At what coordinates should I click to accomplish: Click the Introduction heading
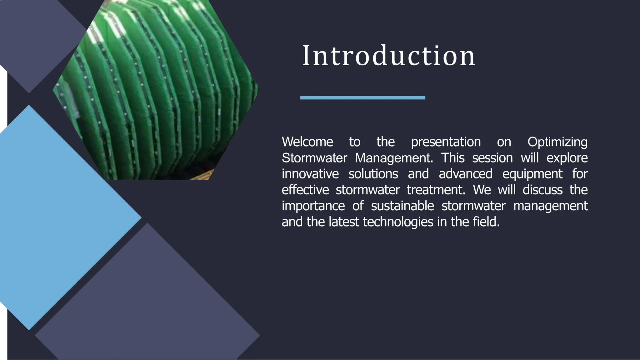tap(388, 56)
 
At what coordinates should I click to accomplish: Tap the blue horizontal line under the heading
tap(362, 98)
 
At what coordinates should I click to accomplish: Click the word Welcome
tap(307, 142)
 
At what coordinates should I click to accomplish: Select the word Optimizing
tap(557, 142)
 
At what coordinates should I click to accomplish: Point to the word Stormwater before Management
tap(314, 158)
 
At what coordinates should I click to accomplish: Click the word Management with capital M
tap(394, 158)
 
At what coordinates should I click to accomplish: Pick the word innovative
tap(310, 174)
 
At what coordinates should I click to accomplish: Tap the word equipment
tap(532, 174)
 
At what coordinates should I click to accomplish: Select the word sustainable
tap(402, 206)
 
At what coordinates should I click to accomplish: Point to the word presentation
tap(446, 142)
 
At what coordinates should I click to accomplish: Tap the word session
tap(492, 158)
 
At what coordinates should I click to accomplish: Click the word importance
tap(313, 206)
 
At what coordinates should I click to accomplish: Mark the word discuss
tap(542, 190)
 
